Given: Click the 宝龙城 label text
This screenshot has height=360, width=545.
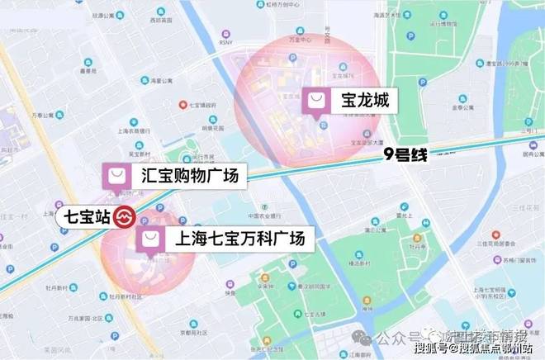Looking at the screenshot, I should tap(359, 102).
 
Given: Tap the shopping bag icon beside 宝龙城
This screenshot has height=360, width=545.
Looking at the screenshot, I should tap(317, 102).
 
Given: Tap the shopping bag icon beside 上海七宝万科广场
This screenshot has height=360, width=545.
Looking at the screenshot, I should tap(152, 239).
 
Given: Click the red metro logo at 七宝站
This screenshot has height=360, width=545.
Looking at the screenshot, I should tap(124, 219).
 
